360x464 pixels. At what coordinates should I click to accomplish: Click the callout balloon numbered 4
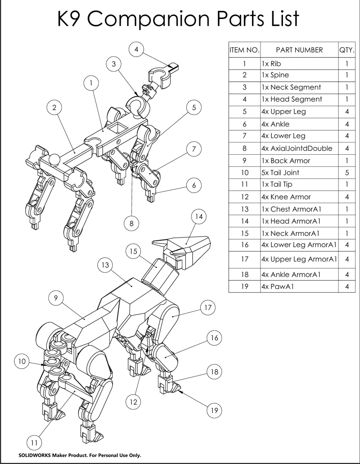(x=136, y=49)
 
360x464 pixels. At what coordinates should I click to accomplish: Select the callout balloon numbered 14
(x=199, y=217)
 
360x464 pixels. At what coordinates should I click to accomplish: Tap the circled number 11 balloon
(x=34, y=443)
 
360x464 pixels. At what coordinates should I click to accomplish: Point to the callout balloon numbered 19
(x=214, y=410)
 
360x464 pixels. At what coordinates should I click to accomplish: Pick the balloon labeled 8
(x=131, y=224)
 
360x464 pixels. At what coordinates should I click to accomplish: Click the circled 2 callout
(x=54, y=108)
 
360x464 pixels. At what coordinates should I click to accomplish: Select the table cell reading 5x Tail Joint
(x=299, y=173)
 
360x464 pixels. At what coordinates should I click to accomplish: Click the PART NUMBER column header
(x=299, y=50)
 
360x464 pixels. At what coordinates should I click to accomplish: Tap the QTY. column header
(x=347, y=50)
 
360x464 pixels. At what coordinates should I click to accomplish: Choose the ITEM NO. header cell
(x=244, y=50)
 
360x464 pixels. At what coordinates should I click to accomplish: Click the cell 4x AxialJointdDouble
(x=299, y=149)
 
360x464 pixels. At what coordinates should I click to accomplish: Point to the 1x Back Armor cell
(x=299, y=160)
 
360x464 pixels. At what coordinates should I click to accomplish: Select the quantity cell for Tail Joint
(x=347, y=173)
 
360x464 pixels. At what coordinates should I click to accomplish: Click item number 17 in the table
(x=244, y=259)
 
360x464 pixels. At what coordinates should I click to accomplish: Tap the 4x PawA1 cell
(x=299, y=286)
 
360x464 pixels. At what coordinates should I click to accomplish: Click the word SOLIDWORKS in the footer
(x=35, y=455)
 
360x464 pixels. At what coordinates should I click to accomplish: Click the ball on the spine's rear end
(x=54, y=159)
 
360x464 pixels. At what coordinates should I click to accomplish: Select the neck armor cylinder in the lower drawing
(x=159, y=276)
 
